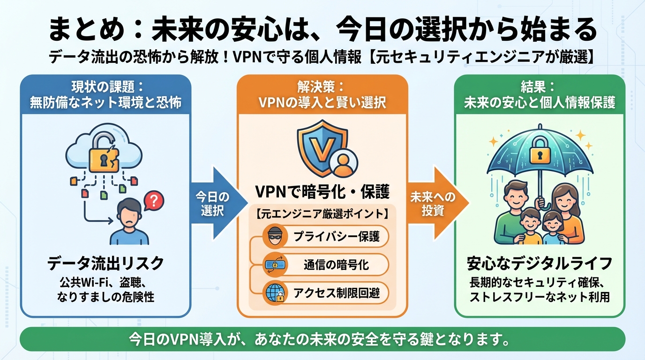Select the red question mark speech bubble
tap(153, 201)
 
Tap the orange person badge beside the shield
tap(343, 163)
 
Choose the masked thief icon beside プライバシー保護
tap(275, 236)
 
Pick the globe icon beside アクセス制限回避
tap(275, 293)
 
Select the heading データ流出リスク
tap(105, 263)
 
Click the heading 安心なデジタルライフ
tap(540, 263)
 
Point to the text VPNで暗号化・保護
tap(322, 192)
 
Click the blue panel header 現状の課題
tap(105, 95)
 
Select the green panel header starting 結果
tap(540, 95)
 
